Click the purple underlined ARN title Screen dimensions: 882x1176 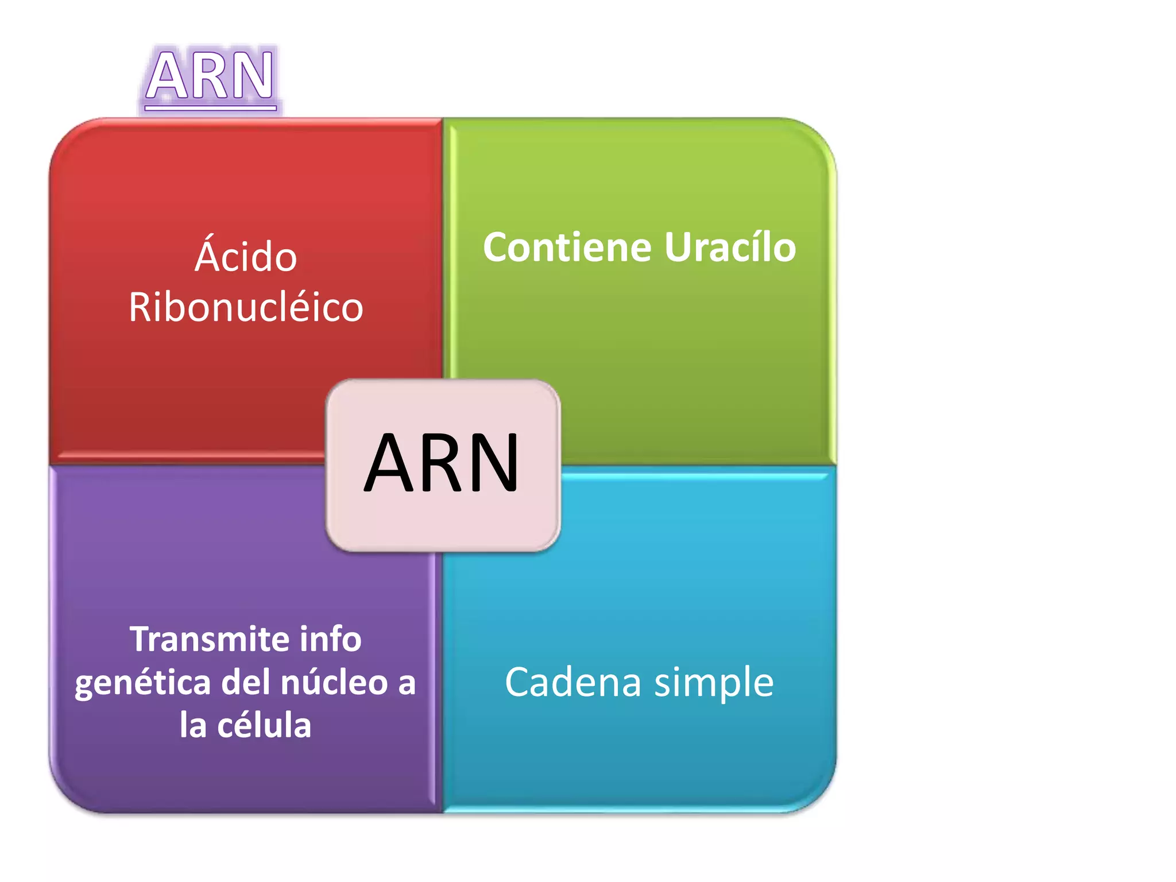210,76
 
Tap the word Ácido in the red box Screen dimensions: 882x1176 246,257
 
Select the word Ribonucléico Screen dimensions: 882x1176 246,307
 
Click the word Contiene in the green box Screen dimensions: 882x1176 567,247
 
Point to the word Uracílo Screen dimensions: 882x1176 730,247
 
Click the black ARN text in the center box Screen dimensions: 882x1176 442,463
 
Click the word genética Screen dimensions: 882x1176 143,683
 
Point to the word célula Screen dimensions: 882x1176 264,725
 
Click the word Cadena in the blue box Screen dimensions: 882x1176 572,682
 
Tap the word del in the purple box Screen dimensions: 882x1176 245,682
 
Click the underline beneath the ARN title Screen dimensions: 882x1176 210,107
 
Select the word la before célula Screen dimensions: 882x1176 193,725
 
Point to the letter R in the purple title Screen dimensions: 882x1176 210,76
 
